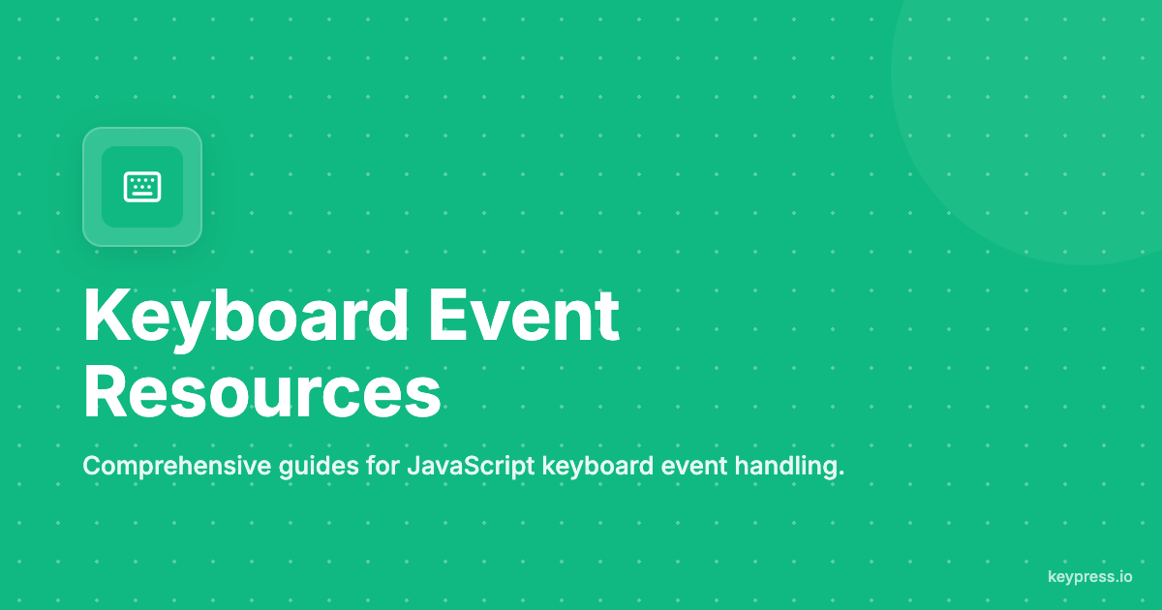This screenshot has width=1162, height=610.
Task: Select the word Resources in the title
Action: (x=261, y=393)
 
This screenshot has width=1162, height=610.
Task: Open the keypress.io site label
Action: (x=1089, y=577)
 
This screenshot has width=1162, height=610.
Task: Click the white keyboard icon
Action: (x=142, y=187)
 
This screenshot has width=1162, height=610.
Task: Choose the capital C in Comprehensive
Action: (x=91, y=467)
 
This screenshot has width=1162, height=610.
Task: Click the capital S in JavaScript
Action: (x=467, y=467)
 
